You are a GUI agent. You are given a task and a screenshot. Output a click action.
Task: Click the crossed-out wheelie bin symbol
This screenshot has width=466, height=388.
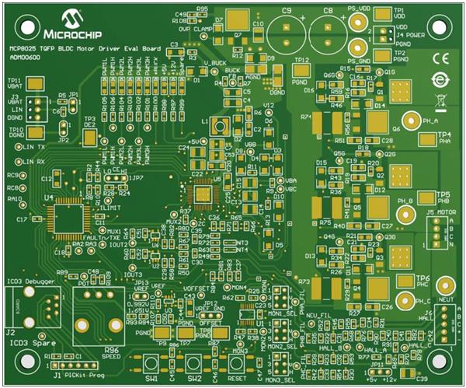click(x=440, y=100)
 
